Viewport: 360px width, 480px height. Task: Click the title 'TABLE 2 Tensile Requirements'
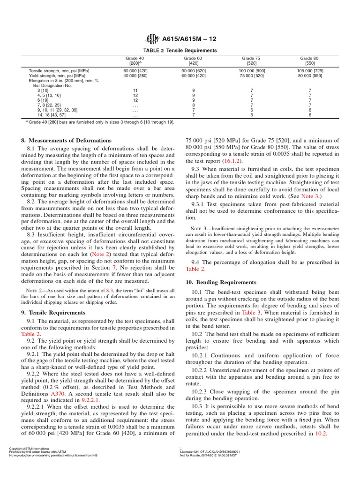click(180, 50)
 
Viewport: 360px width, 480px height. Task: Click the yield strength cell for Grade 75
click(252, 75)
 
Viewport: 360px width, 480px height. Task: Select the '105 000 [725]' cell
click(310, 71)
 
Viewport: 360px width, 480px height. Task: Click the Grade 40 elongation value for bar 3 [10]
click(135, 90)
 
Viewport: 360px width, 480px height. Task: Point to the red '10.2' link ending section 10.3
click(321, 434)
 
